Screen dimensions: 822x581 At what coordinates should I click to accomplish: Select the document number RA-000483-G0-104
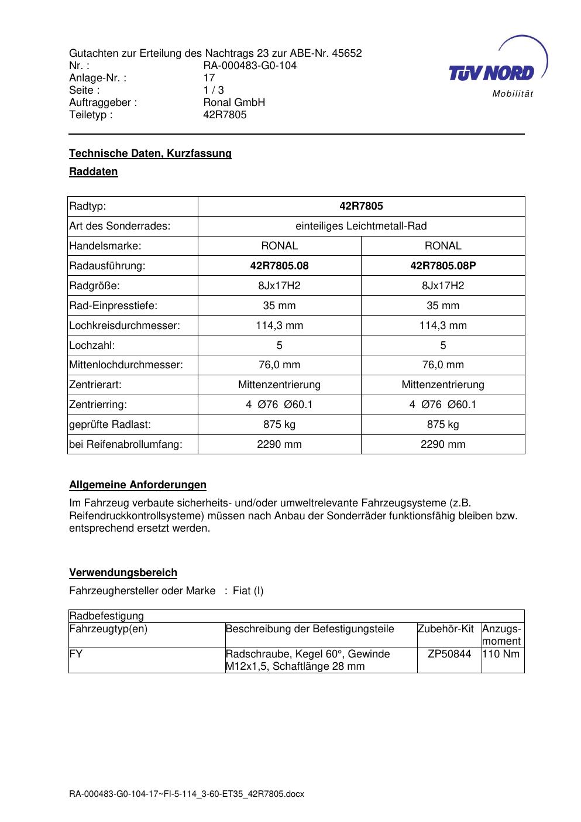250,66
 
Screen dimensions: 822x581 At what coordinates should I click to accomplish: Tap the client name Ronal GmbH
234,102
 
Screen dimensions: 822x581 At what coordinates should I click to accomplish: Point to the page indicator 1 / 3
214,90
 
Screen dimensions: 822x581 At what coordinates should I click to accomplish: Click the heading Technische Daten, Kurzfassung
150,153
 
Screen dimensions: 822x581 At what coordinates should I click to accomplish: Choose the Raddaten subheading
94,172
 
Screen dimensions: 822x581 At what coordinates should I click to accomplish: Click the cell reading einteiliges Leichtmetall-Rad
361,226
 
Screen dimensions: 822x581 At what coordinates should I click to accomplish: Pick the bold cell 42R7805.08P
443,266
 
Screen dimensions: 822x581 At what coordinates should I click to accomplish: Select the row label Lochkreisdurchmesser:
125,326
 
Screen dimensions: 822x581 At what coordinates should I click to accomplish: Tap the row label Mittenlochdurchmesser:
126,365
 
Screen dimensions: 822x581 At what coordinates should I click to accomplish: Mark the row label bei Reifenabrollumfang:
126,444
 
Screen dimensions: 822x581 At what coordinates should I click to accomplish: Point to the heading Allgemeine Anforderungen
137,485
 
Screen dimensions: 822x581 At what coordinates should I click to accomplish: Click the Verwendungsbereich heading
123,573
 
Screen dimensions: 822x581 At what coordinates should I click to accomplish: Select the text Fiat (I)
248,591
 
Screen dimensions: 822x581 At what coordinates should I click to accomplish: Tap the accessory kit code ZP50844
449,654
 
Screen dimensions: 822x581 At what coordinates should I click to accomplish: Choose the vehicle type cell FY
76,654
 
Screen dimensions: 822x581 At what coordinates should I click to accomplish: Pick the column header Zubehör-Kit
446,629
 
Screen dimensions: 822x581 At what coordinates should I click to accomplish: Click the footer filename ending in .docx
187,794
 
